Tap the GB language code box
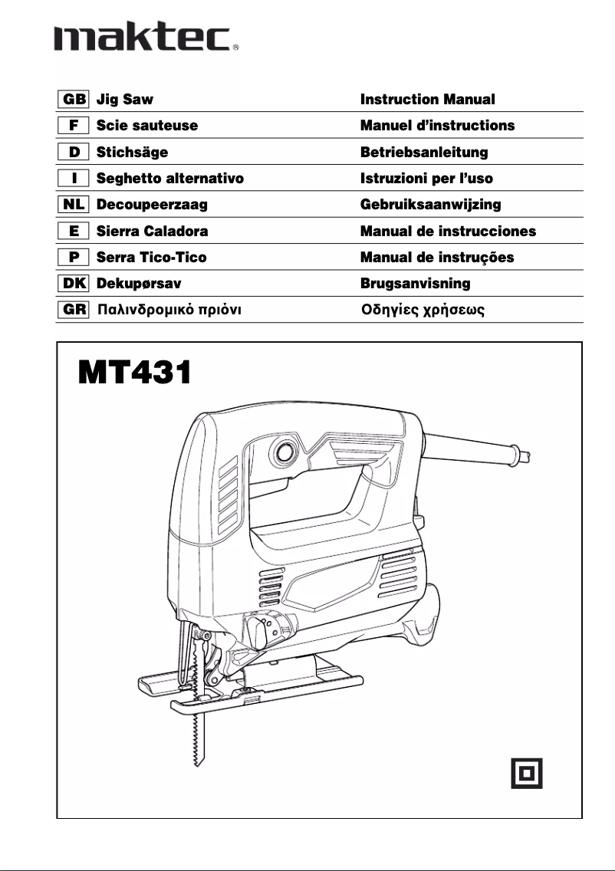pos(74,100)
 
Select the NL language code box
pos(74,205)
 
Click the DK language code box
pos(74,284)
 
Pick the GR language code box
pos(74,311)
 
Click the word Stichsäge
pos(132,152)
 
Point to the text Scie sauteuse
pos(146,126)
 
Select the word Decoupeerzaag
pos(152,205)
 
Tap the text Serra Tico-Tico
pos(151,258)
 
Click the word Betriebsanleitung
pos(424,152)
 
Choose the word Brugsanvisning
pos(415,284)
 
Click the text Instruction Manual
pos(427,100)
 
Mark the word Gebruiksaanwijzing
pos(430,205)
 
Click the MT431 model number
pos(134,373)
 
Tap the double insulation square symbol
pos(527,772)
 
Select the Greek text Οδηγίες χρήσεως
pos(423,311)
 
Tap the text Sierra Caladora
pos(152,231)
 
